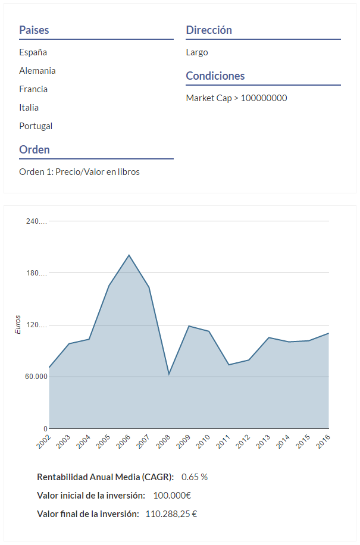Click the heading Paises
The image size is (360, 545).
[34, 30]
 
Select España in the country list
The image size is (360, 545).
[33, 52]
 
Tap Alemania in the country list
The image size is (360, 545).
[37, 71]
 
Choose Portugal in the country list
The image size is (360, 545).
[36, 126]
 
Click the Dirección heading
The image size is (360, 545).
[209, 30]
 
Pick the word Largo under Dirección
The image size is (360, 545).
[197, 52]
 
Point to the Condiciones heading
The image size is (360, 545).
[215, 76]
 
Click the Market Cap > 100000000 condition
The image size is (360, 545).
[236, 98]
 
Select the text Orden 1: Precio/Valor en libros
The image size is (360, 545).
[79, 172]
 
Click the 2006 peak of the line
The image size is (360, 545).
[129, 255]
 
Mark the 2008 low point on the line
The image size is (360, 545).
[169, 374]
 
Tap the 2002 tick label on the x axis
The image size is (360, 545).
[43, 441]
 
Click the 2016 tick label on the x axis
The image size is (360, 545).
[323, 441]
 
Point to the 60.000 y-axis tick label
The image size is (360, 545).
[37, 377]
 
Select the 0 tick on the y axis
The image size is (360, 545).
[45, 429]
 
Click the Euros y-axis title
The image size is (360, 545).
[18, 325]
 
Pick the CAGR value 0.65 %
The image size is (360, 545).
[195, 477]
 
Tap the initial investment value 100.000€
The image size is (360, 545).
[172, 496]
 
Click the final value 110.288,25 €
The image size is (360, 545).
[171, 514]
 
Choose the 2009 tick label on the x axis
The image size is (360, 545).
[183, 441]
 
